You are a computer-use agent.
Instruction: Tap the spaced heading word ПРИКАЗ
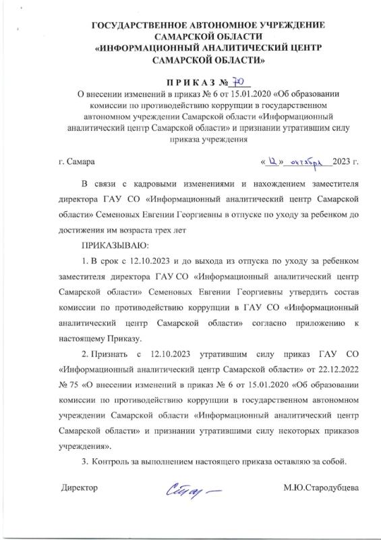[x=199, y=84]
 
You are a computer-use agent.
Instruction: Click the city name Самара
[x=81, y=162]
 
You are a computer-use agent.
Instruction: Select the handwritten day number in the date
[x=274, y=161]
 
